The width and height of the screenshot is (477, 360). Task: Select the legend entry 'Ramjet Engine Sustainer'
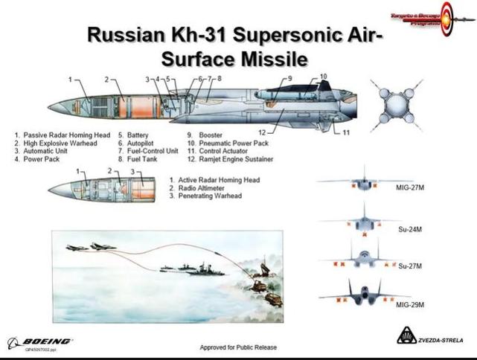(x=230, y=159)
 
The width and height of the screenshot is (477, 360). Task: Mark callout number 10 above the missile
(x=323, y=77)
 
